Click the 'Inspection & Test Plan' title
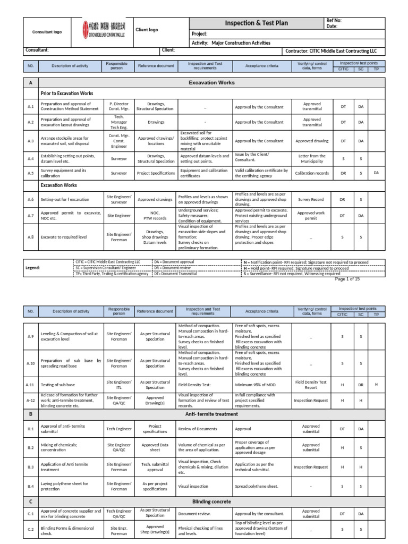(256, 22)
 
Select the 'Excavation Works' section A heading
(211, 83)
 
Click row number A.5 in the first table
(30, 173)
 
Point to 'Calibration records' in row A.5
(312, 173)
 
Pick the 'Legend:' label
(33, 268)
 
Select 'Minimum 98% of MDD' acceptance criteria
(254, 384)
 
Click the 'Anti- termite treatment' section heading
(211, 414)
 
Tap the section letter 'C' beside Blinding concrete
(30, 501)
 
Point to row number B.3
(30, 467)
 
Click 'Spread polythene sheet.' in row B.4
(257, 486)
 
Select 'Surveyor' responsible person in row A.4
(118, 159)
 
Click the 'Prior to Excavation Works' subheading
(67, 93)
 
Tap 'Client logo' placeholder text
(147, 30)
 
